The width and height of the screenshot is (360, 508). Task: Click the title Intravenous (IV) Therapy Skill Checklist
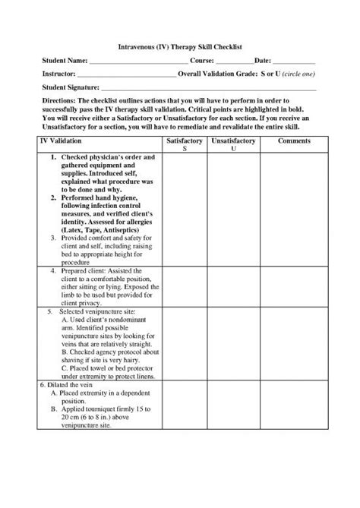tap(180, 47)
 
